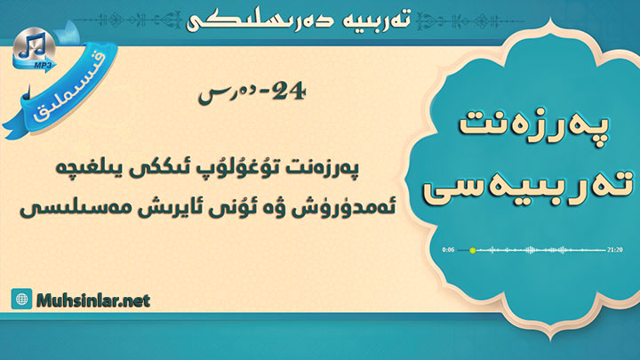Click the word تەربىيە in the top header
[378, 20]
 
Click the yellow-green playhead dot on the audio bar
[472, 250]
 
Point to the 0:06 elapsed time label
[448, 250]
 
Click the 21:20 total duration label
[615, 250]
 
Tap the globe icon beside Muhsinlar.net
[21, 299]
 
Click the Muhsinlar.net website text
[93, 300]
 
